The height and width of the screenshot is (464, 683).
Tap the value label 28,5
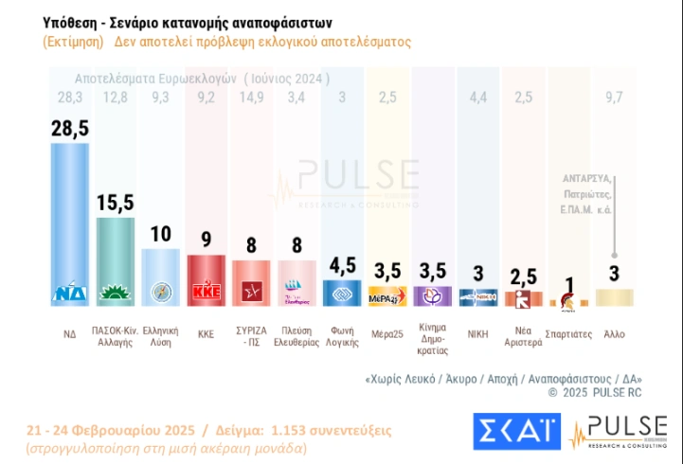click(x=69, y=129)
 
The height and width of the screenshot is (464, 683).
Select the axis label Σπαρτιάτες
click(x=568, y=334)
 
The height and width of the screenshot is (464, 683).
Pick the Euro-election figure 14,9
click(x=250, y=96)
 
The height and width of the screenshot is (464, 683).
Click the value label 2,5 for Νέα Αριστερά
click(x=523, y=276)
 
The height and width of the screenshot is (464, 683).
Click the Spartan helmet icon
click(x=568, y=300)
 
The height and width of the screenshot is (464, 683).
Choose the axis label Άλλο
click(x=614, y=334)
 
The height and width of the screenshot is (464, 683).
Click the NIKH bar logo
click(x=477, y=296)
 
